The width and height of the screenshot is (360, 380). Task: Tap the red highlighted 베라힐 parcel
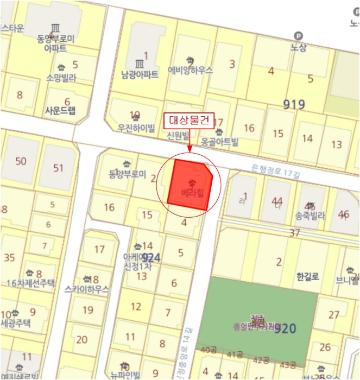190,184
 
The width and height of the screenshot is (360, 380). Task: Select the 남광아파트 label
140,75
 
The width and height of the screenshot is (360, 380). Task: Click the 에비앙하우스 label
190,71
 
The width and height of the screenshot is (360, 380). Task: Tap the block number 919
294,104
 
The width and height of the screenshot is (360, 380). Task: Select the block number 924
150,257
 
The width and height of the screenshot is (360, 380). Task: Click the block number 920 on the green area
285,328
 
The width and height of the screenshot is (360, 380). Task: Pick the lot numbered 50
21,161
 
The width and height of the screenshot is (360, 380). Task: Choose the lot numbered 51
58,168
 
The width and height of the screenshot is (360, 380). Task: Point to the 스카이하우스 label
86,289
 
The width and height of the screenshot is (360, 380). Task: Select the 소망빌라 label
61,78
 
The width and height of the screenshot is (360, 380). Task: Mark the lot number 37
295,233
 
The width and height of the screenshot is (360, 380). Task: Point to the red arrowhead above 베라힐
190,150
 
